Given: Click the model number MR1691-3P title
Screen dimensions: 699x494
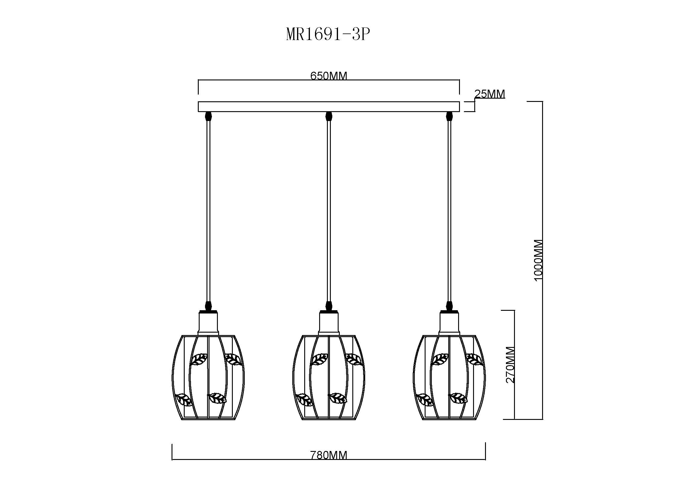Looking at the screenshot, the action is [328, 35].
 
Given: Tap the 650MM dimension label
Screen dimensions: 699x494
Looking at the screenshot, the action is [328, 76].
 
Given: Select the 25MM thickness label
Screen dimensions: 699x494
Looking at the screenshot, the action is [490, 94].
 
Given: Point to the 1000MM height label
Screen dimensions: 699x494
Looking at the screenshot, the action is [539, 260].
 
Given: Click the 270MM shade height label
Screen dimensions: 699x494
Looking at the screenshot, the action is [510, 365].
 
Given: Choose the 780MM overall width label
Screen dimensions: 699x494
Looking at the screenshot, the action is [328, 455].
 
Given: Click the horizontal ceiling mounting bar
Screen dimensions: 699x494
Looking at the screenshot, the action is [329, 106].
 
